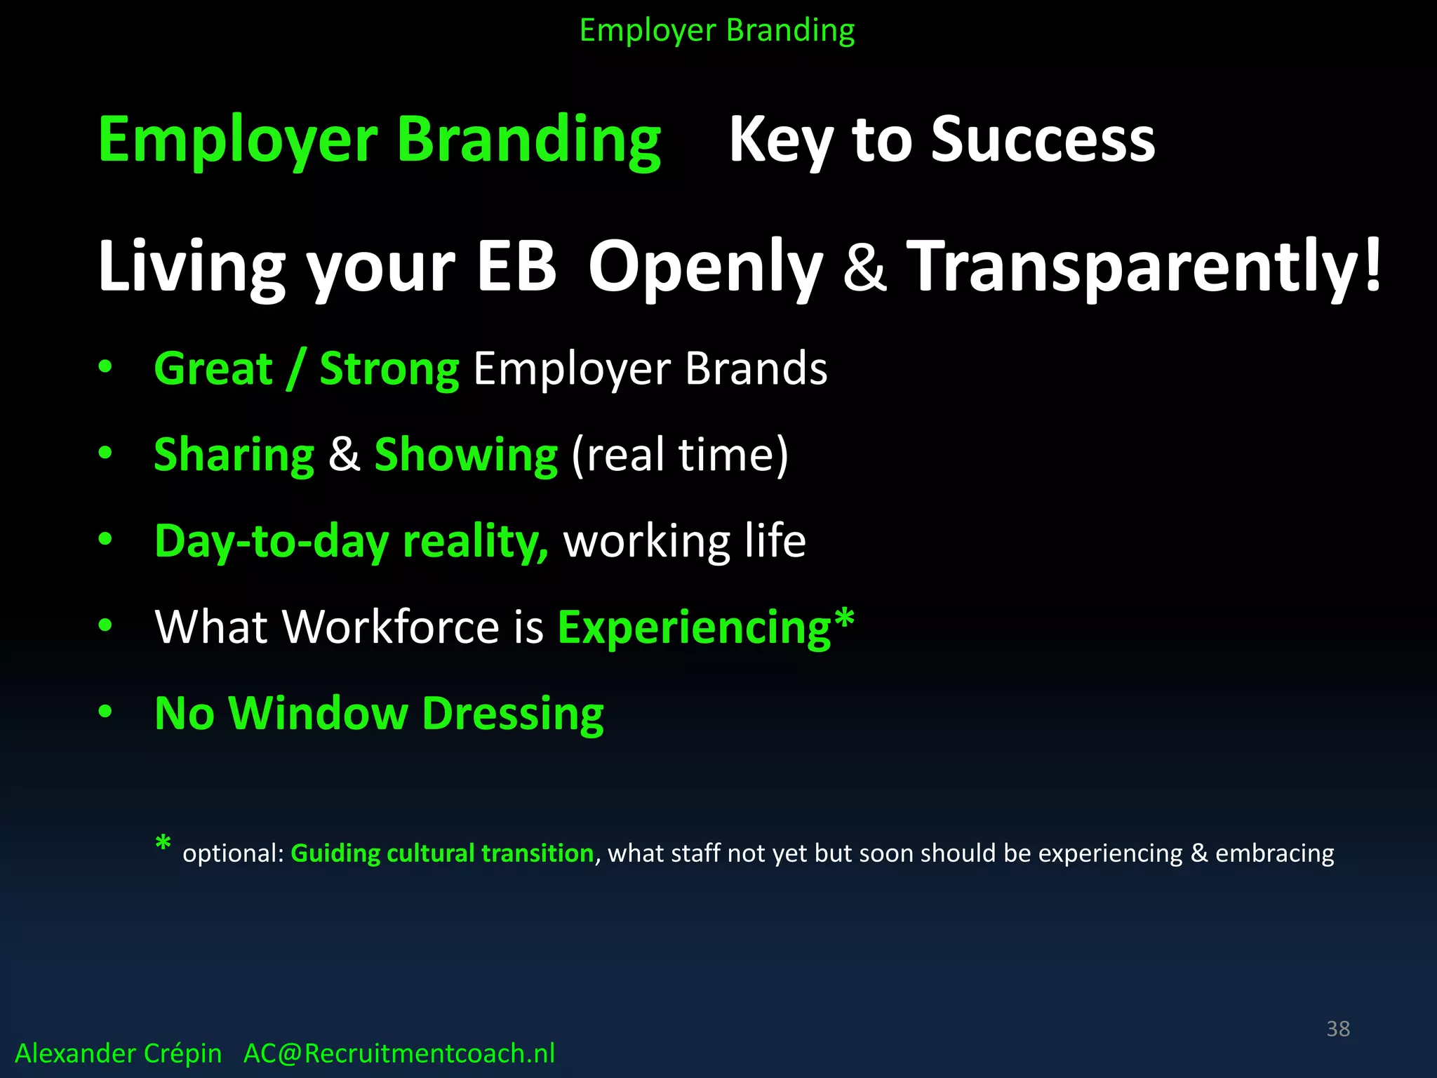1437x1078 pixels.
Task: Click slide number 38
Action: [x=1337, y=1029]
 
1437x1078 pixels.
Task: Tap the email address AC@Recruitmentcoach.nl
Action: [x=399, y=1053]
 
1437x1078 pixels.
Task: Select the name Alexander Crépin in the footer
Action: [x=118, y=1053]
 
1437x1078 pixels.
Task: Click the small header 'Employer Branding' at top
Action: [x=717, y=31]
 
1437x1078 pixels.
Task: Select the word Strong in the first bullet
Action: [x=389, y=368]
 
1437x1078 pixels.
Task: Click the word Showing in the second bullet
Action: [x=466, y=455]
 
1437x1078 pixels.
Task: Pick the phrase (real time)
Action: [x=680, y=455]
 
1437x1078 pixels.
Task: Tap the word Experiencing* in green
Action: [x=705, y=627]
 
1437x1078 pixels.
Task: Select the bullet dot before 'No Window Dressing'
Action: [x=105, y=712]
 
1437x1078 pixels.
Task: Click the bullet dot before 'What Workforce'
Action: [x=105, y=625]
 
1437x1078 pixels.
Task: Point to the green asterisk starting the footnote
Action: [x=163, y=844]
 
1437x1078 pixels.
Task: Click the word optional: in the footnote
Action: [x=233, y=853]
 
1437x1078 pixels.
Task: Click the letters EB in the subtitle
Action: [x=516, y=267]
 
